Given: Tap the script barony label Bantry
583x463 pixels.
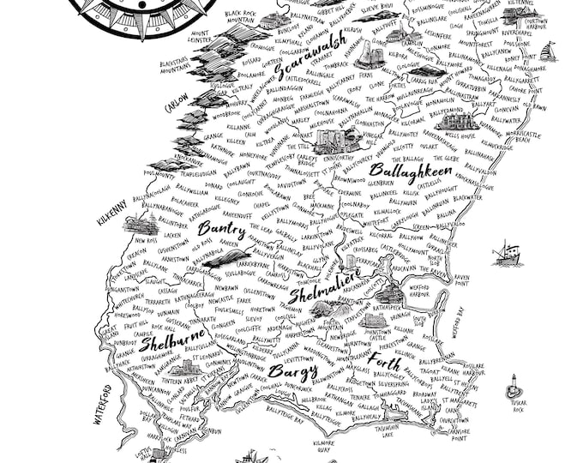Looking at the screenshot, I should [x=221, y=229].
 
